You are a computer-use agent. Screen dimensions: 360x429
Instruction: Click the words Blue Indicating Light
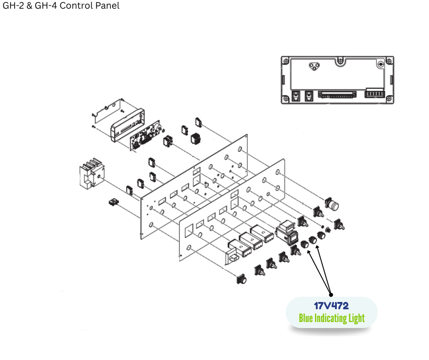(332, 318)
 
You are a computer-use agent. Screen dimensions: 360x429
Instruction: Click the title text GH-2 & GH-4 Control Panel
(61, 6)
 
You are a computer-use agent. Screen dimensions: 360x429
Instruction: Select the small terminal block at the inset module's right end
(374, 95)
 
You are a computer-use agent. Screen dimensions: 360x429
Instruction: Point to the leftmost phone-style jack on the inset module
(295, 96)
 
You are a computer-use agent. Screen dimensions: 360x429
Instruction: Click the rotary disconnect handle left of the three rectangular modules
(233, 254)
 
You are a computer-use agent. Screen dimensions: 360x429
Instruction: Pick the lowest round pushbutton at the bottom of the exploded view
(241, 279)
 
